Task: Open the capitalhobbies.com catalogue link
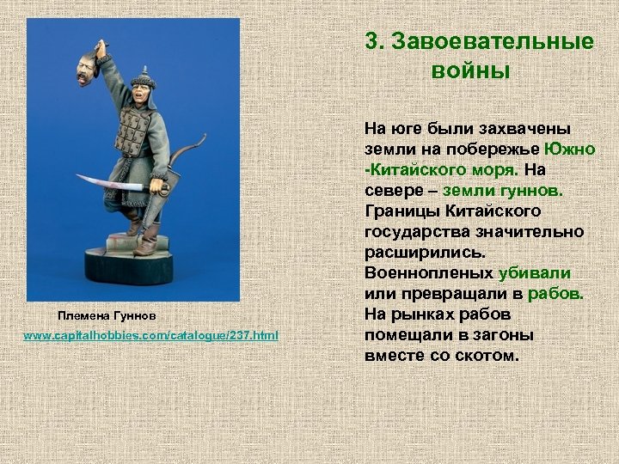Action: click(151, 334)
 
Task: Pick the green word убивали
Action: click(535, 272)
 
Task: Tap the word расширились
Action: click(424, 252)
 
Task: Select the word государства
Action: click(418, 231)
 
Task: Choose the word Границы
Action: click(401, 211)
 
